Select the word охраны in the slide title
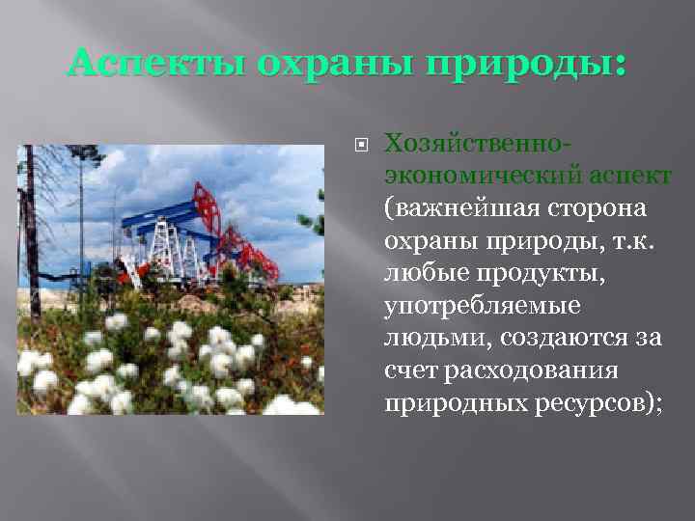coord(309,67)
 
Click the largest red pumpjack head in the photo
coord(207,203)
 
